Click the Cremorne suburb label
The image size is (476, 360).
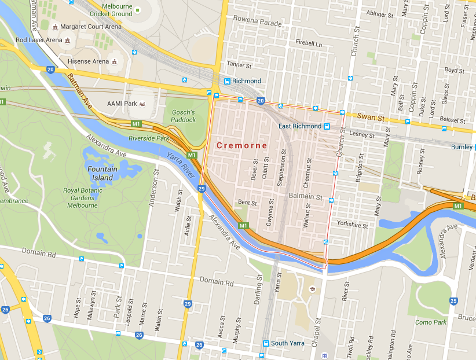242,145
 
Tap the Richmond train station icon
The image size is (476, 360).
228,81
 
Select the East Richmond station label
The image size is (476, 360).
299,126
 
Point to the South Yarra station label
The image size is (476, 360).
288,343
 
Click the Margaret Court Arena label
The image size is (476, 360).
89,27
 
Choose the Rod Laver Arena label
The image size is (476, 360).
38,40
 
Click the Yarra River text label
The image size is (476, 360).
181,164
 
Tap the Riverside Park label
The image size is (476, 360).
149,139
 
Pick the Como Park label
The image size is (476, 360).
431,322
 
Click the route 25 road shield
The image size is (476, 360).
453,300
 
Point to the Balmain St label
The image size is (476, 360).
305,197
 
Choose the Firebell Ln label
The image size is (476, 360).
308,43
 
